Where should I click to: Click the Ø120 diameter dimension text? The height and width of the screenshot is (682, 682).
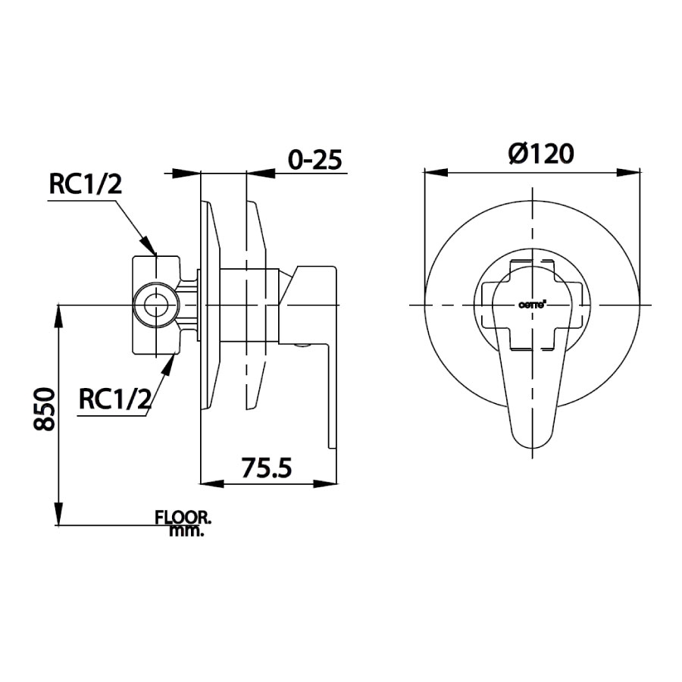[x=541, y=155]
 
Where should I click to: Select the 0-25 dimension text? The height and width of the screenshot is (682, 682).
[x=315, y=160]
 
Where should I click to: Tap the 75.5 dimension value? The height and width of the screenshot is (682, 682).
[x=267, y=468]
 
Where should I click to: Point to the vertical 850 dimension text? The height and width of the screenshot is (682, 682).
[x=45, y=409]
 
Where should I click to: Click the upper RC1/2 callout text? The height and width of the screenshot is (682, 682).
[x=85, y=184]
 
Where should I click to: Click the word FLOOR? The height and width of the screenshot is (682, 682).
[x=183, y=518]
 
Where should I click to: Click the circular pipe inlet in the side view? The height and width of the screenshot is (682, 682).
[x=156, y=305]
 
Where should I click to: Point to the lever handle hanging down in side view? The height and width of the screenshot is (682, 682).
[x=330, y=394]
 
